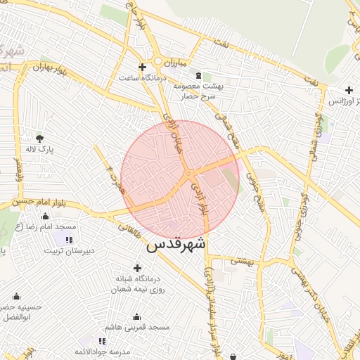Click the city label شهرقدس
click(x=176, y=246)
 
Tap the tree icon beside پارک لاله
click(x=39, y=137)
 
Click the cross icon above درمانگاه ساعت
click(x=143, y=67)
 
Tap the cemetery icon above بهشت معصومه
click(x=198, y=75)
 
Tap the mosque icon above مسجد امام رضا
click(x=46, y=217)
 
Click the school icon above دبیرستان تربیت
click(x=67, y=240)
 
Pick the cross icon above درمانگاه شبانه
click(x=137, y=268)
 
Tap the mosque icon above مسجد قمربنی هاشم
click(x=136, y=316)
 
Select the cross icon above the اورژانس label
click(x=349, y=90)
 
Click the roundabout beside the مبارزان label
click(x=160, y=62)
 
